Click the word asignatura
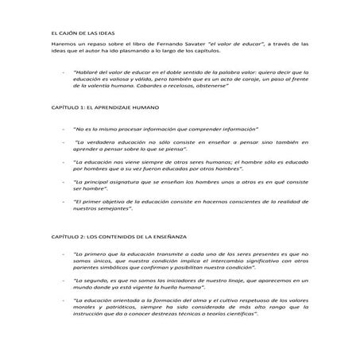click(x=117, y=182)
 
